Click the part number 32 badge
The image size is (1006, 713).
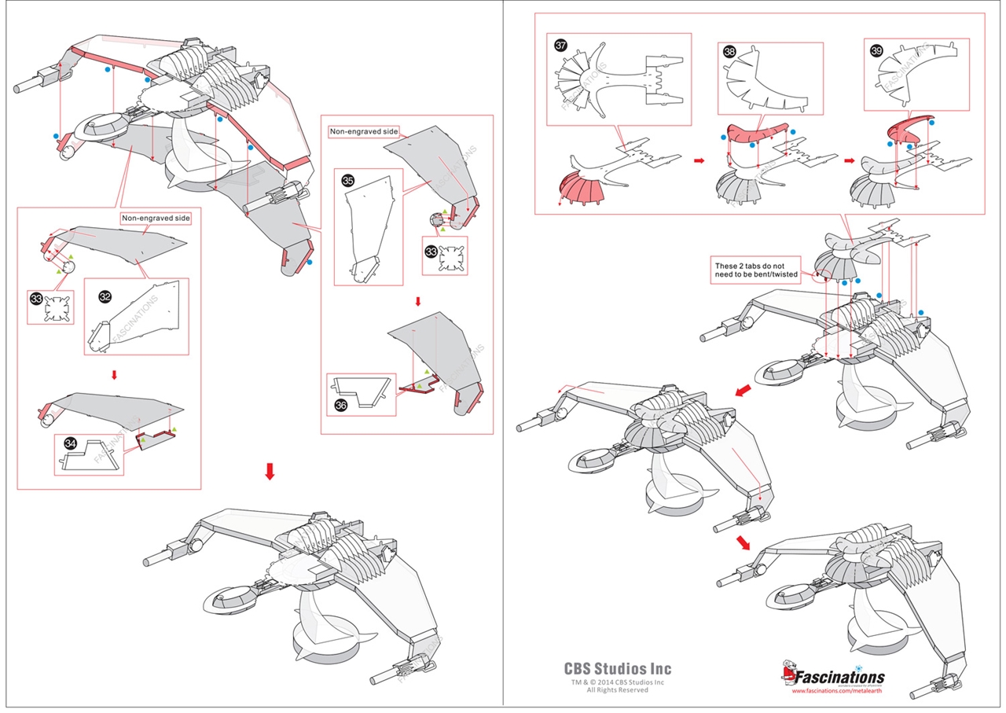coord(105,296)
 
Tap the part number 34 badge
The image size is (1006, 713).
coord(71,445)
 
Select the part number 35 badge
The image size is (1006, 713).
coord(348,180)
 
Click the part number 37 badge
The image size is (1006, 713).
coord(561,46)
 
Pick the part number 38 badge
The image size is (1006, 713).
coord(729,53)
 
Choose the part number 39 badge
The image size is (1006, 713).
coord(876,50)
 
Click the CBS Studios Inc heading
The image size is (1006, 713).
coord(618,669)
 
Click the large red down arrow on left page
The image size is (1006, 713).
coord(270,471)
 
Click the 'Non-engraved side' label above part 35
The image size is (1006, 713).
coord(365,132)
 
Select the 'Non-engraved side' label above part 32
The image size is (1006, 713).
coord(155,219)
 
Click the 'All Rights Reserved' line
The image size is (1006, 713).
coord(618,690)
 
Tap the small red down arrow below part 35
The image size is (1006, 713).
coord(417,302)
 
